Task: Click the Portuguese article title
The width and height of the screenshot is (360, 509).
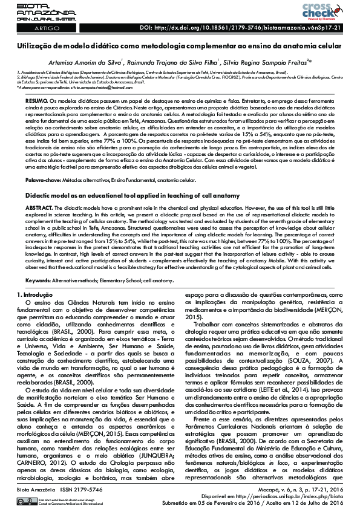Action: [x=180, y=46]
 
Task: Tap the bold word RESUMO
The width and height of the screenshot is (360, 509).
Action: [x=38, y=99]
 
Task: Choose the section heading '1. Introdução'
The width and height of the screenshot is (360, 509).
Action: [x=35, y=277]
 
